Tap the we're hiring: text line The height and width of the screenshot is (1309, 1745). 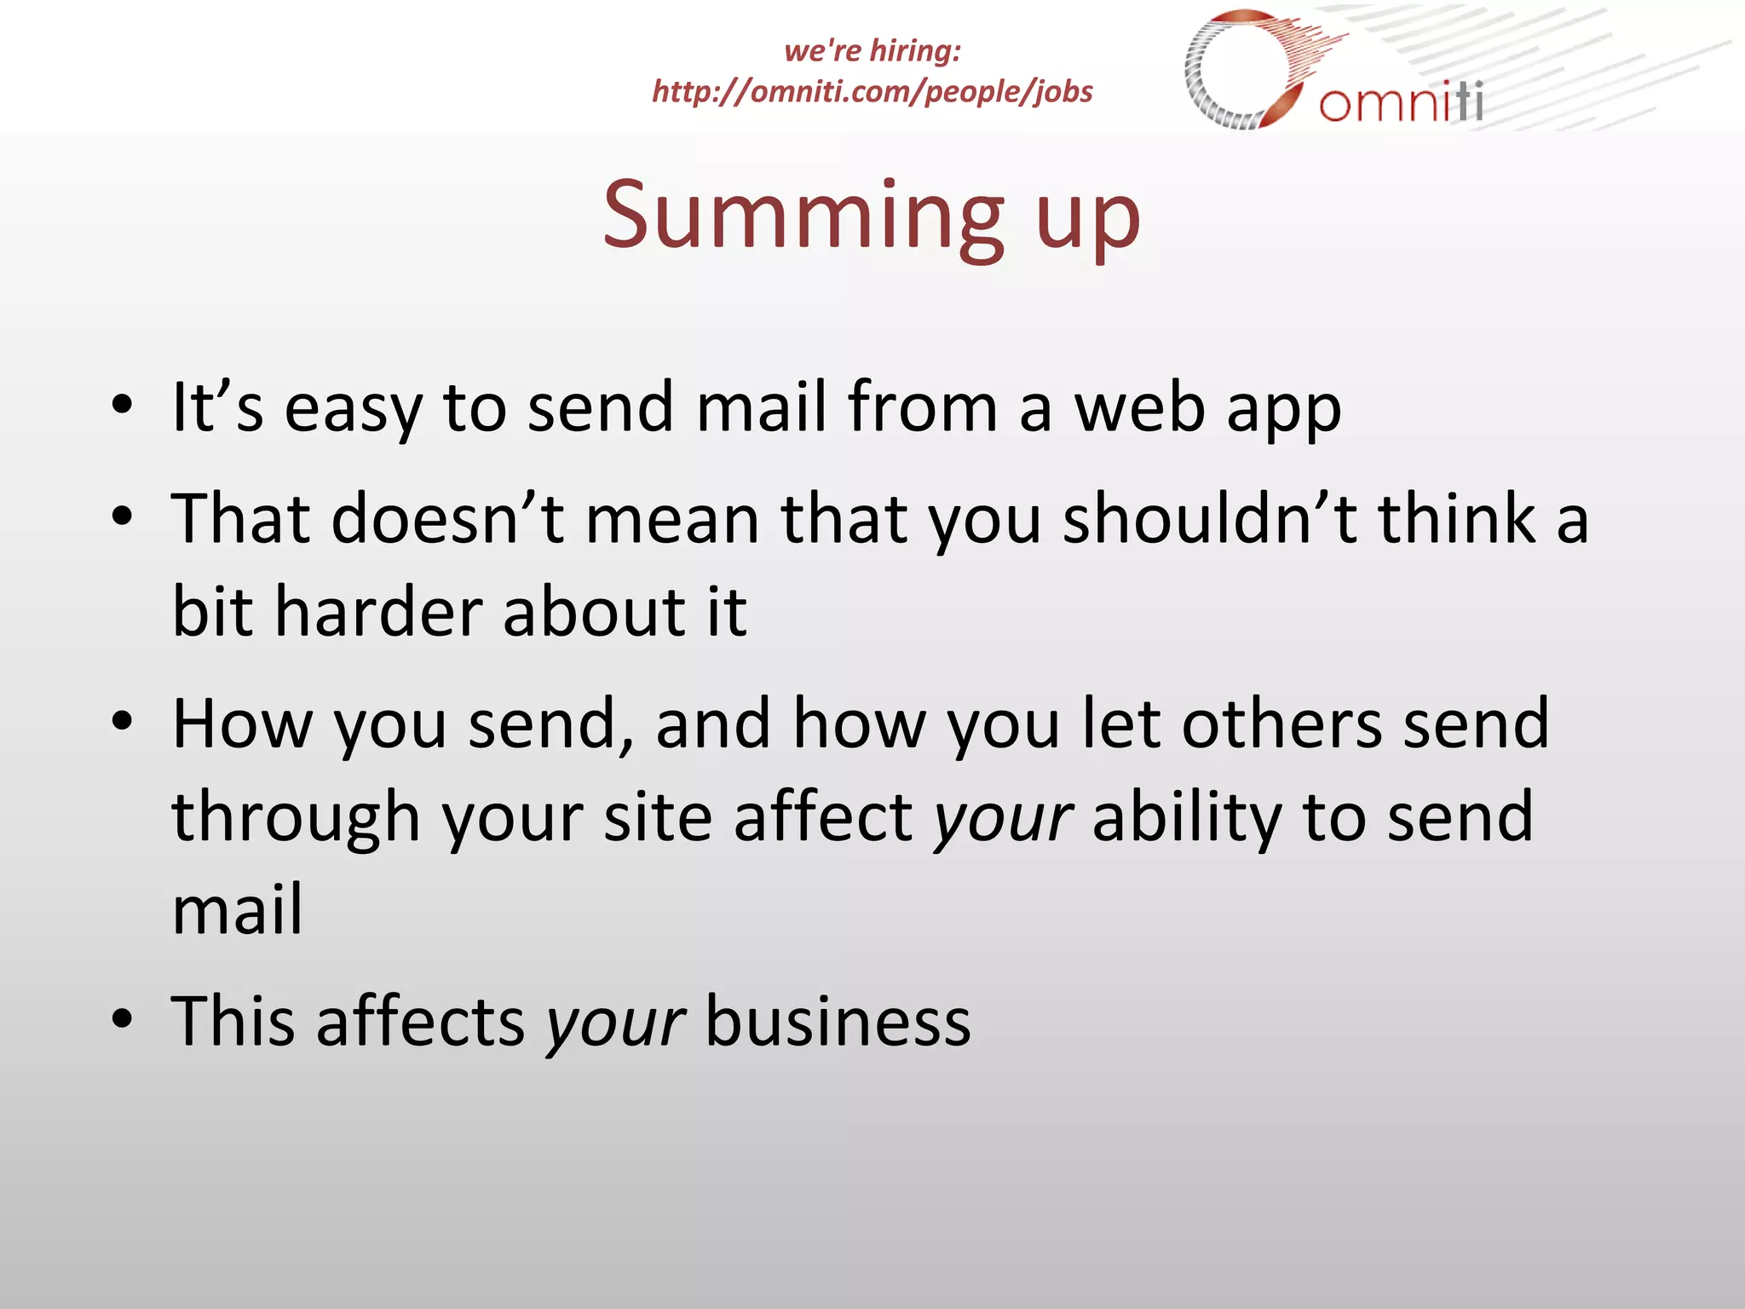[x=872, y=51]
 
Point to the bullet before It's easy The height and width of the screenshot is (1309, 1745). [x=123, y=406]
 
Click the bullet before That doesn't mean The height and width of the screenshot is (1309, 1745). [x=123, y=516]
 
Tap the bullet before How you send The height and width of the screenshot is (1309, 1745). [x=123, y=721]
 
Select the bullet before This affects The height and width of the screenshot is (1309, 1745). [x=123, y=1019]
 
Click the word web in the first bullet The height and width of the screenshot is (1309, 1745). [x=1139, y=407]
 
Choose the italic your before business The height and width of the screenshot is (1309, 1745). [x=615, y=1024]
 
